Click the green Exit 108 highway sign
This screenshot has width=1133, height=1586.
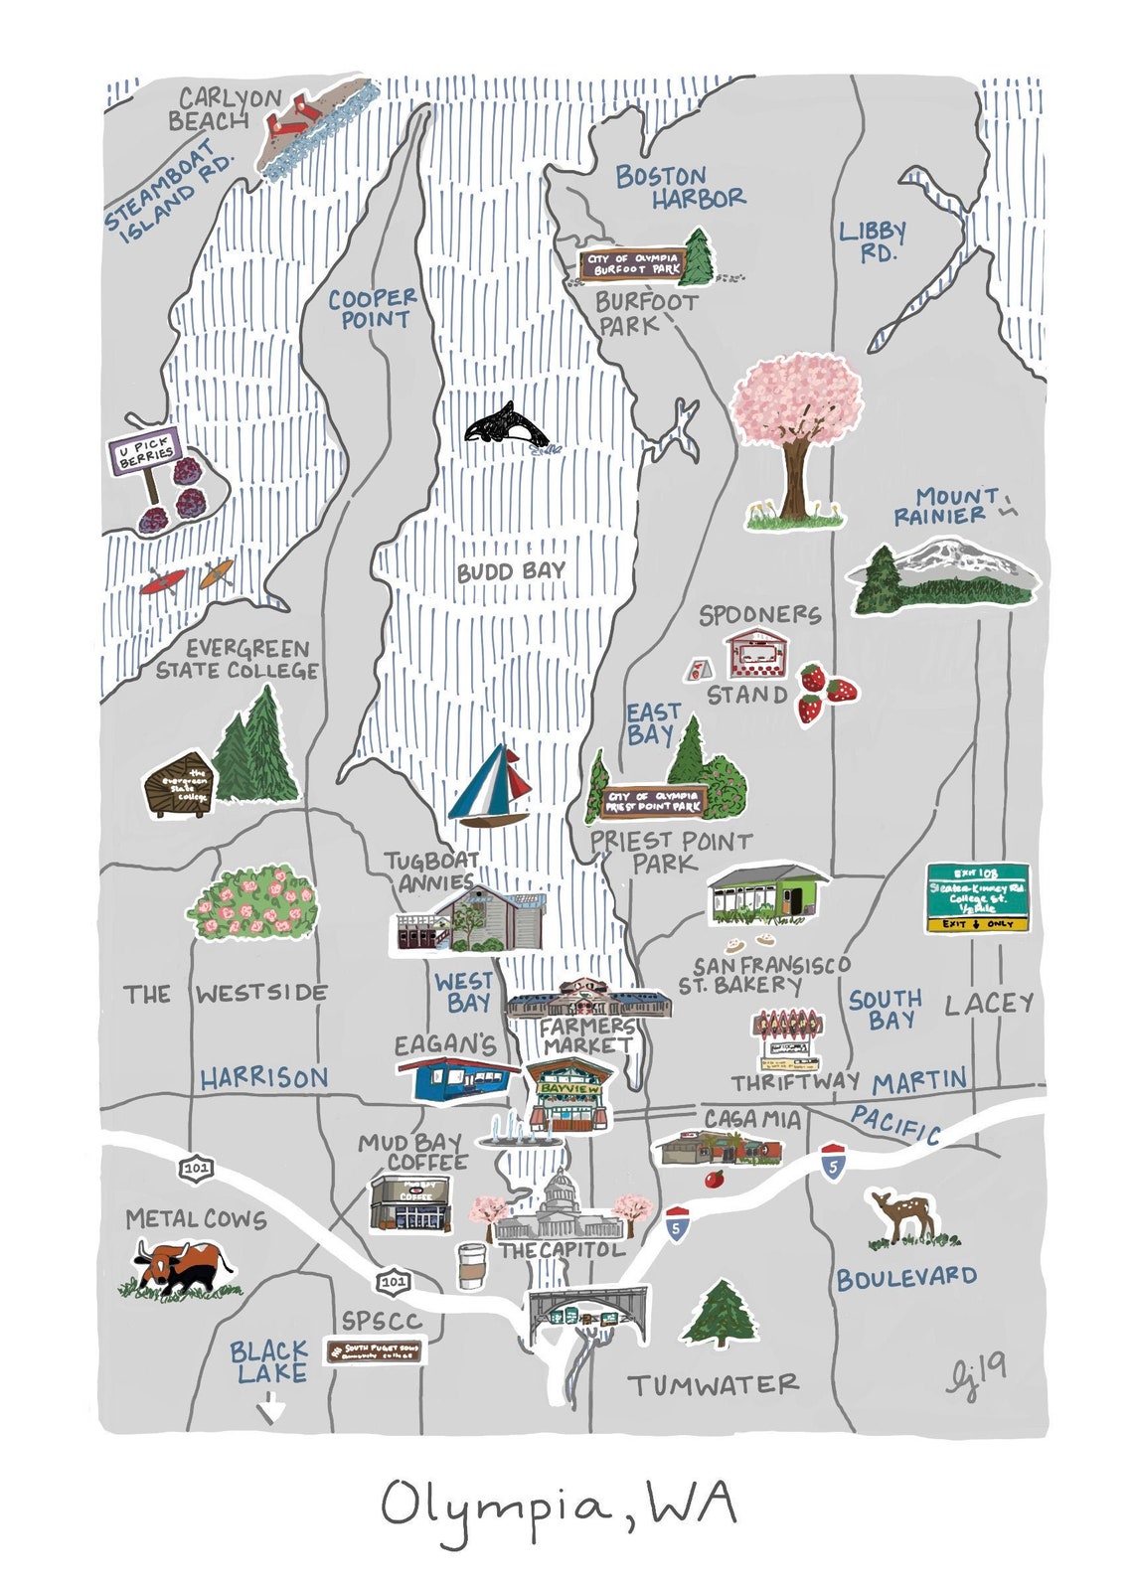coord(977,896)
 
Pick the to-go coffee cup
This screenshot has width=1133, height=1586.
coord(470,1266)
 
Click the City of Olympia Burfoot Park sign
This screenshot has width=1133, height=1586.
coord(633,264)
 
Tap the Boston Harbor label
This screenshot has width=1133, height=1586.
coord(679,188)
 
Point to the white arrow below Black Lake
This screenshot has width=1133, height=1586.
coord(271,1408)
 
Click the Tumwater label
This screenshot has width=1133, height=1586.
coord(713,1384)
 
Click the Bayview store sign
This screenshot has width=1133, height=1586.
coord(569,1089)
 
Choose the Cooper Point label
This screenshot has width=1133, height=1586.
coord(373,308)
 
